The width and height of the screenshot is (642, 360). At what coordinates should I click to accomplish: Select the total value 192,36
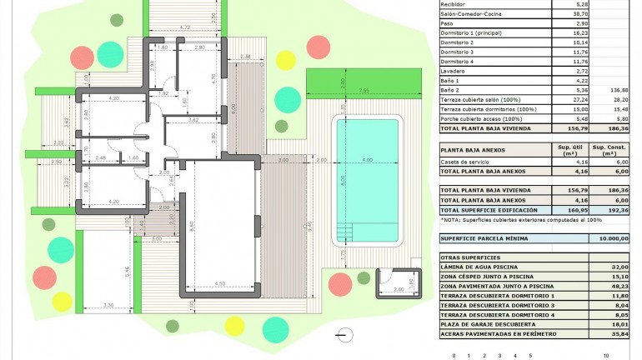(x=618, y=209)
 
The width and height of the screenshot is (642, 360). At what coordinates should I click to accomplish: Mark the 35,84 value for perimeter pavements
(x=618, y=333)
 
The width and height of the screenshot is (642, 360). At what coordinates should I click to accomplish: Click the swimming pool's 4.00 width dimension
(x=367, y=160)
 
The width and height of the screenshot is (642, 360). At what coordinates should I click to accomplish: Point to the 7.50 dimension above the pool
(x=364, y=89)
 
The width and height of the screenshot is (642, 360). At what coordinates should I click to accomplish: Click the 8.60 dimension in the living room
(x=192, y=225)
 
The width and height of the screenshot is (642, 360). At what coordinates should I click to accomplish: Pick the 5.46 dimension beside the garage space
(x=127, y=271)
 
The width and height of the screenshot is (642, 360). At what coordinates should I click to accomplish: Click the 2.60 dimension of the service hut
(x=397, y=288)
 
